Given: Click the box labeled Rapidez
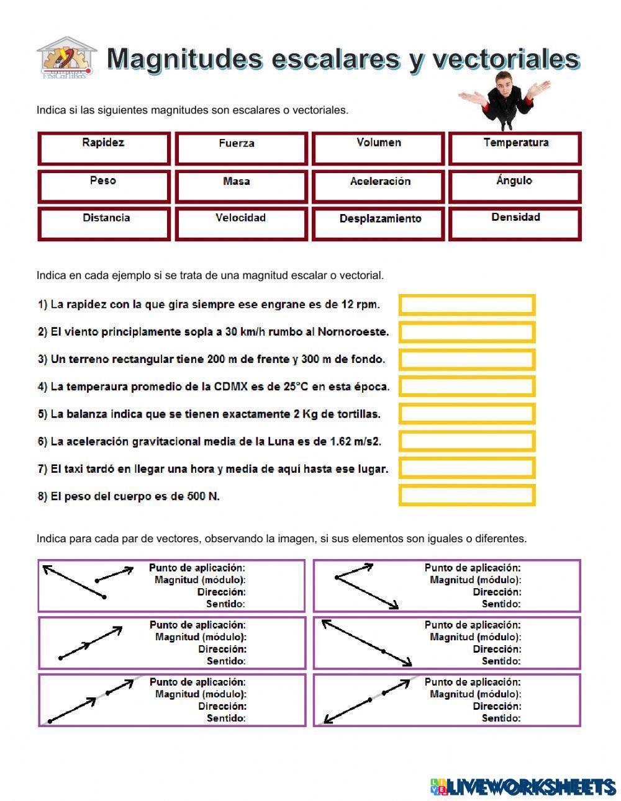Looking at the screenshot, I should [x=104, y=149].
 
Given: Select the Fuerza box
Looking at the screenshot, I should [x=242, y=149].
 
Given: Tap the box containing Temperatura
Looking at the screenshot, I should [x=515, y=149].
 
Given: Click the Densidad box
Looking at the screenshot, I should [x=515, y=224].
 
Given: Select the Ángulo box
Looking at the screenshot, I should [x=515, y=187].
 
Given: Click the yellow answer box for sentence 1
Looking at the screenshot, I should [x=466, y=305].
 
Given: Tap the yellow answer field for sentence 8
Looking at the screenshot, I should [x=466, y=496].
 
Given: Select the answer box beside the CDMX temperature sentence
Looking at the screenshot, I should [x=466, y=387].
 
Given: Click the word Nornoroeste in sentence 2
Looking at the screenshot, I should [x=353, y=332].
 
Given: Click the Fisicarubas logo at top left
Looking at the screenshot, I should [x=66, y=58].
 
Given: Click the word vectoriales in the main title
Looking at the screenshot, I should [x=506, y=59].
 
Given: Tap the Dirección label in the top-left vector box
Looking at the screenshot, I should [x=222, y=592].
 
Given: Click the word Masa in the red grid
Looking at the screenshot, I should [x=237, y=181].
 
